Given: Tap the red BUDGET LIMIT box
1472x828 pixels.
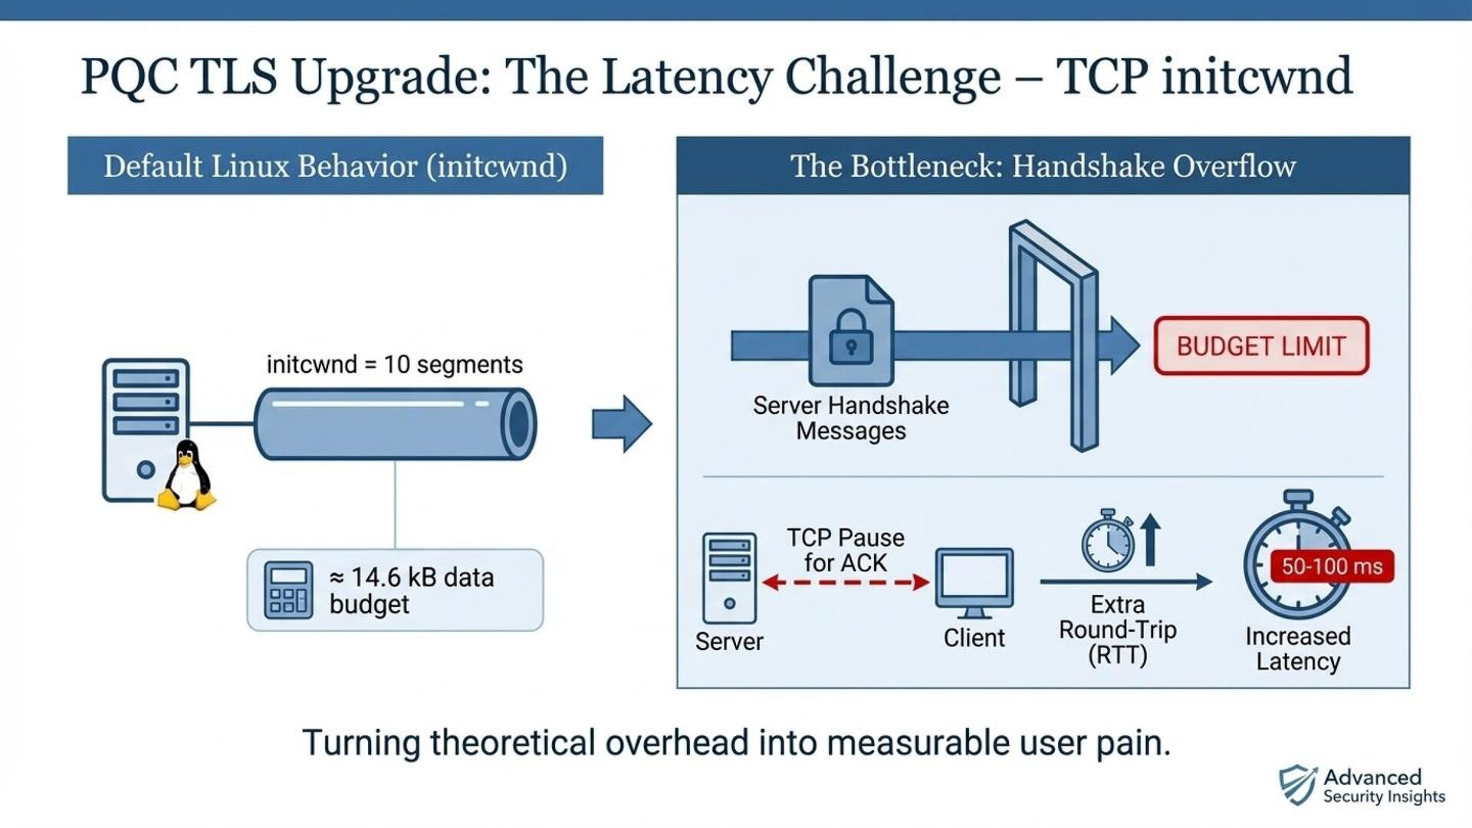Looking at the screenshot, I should [1261, 346].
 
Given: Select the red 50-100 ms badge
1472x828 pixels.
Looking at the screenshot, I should [1332, 567].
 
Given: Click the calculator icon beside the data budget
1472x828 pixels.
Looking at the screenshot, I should [288, 590].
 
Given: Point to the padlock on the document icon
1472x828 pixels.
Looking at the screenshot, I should [851, 337].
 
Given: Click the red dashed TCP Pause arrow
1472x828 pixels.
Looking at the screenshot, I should [846, 583].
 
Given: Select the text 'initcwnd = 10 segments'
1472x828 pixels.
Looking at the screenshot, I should [394, 364].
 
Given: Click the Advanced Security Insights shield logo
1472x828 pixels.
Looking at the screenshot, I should [1297, 785].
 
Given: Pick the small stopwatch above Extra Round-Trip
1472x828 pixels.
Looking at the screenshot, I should [1108, 540].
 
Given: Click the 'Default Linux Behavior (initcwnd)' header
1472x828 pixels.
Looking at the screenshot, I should [335, 166].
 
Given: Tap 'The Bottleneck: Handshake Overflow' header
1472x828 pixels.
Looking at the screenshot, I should [1043, 166].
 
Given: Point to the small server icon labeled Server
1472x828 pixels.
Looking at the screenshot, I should [729, 578].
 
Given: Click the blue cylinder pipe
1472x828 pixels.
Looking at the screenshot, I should [395, 424].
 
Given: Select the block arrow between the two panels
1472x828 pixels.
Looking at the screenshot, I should [622, 423].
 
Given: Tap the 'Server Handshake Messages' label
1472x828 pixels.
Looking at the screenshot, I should [850, 418].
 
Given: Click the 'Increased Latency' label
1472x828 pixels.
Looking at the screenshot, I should [1298, 649].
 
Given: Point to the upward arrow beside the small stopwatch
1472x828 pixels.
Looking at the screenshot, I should [1150, 539].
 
